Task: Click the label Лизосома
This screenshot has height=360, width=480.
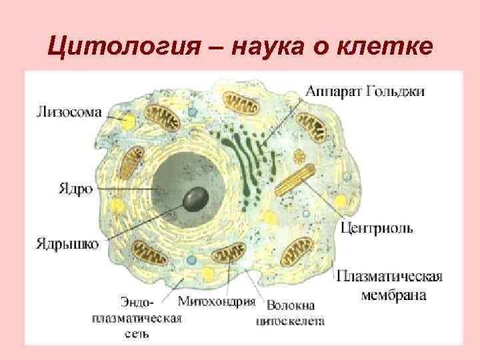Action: pos(69,113)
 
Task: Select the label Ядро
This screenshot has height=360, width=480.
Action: pos(69,188)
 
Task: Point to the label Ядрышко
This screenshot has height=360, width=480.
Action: pos(67,243)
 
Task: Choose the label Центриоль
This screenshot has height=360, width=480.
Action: pos(377,228)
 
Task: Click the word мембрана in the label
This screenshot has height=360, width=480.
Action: pos(393,294)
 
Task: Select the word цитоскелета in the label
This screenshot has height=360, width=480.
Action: pos(290,321)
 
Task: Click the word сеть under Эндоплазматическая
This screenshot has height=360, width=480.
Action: pos(136,333)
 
